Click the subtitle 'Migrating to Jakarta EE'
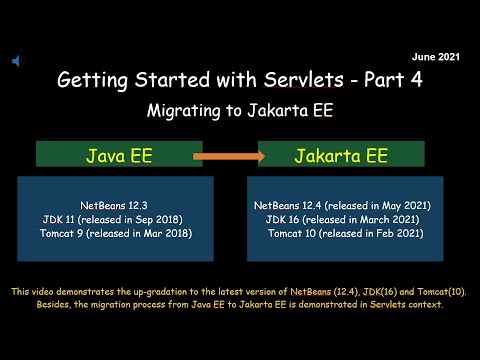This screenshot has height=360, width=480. point(239,109)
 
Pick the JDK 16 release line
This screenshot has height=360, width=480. point(343,218)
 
